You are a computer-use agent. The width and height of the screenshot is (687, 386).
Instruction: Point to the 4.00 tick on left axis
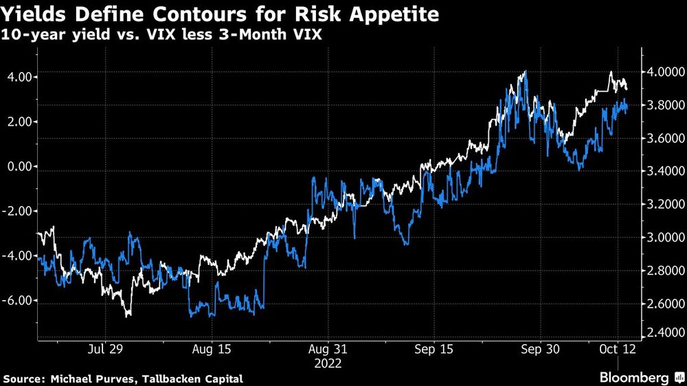(19, 77)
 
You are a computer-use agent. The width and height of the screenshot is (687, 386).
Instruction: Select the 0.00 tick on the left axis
(19, 166)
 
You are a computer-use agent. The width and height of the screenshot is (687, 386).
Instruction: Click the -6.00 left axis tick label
(16, 301)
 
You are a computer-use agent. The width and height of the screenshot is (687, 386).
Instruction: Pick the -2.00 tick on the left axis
(16, 211)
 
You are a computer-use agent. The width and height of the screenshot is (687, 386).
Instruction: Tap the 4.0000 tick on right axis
(662, 72)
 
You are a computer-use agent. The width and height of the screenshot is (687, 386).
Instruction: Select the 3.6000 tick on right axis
(662, 138)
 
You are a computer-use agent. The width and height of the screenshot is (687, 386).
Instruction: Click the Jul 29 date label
(106, 350)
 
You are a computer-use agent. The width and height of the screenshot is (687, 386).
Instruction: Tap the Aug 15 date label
(212, 350)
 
